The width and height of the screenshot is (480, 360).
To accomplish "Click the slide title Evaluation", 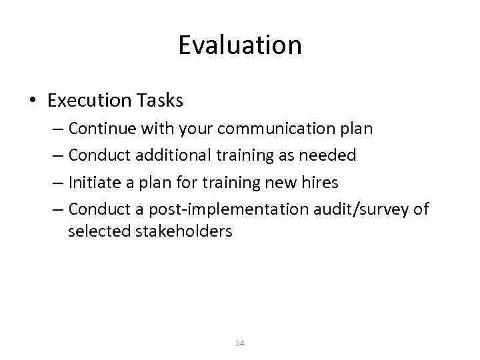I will click(x=240, y=45).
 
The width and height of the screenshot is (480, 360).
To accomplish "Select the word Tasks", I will click(x=159, y=100).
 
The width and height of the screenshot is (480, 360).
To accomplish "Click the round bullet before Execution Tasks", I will click(x=33, y=101).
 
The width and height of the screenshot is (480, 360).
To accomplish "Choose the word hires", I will click(x=321, y=183).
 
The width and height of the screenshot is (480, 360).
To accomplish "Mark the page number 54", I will click(x=240, y=343).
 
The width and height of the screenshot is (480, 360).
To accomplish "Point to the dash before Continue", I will click(x=57, y=129).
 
